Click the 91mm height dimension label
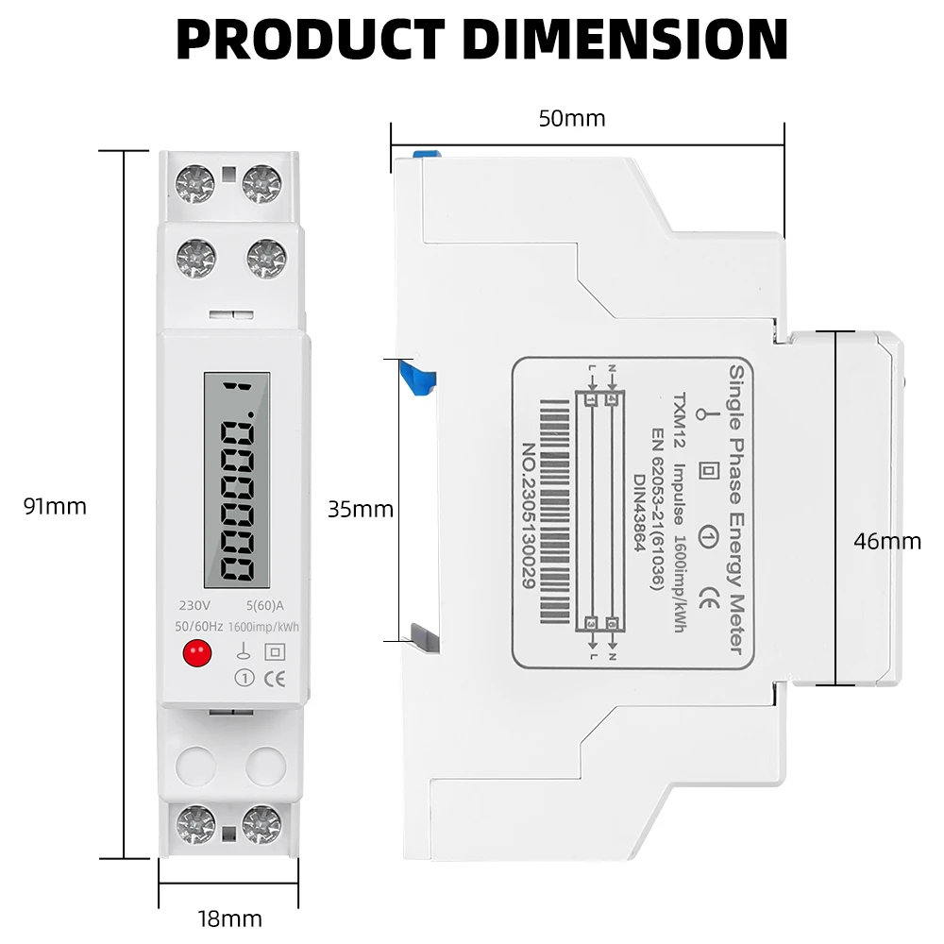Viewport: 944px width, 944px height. tap(55, 507)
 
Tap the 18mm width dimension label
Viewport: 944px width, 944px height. tap(230, 918)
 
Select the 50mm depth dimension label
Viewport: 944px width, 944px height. tap(572, 119)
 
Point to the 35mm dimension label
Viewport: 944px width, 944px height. tap(360, 510)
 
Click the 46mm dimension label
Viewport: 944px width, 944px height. tap(886, 541)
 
